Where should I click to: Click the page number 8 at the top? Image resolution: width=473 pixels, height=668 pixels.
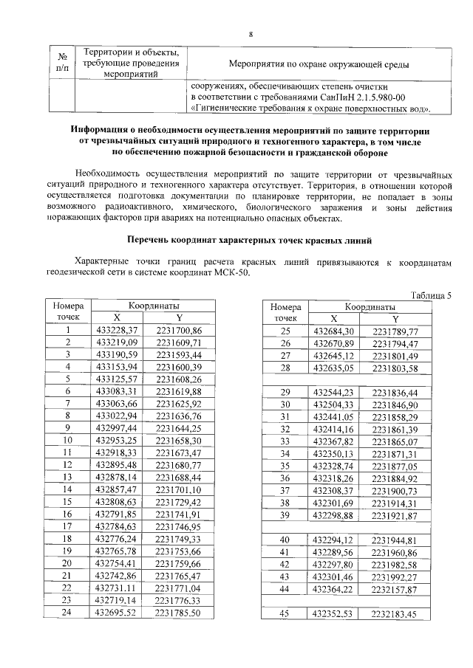(x=251, y=35)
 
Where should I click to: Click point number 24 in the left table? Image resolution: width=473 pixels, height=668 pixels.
(x=67, y=612)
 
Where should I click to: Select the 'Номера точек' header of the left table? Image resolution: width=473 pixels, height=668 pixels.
(x=67, y=311)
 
